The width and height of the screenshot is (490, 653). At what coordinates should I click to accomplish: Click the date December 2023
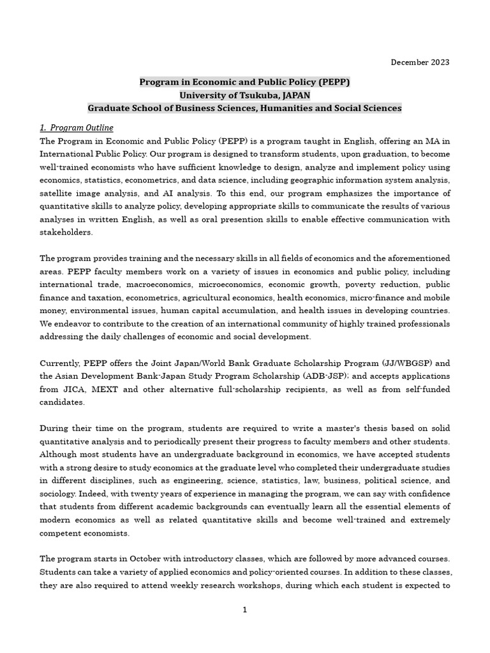pyautogui.click(x=419, y=62)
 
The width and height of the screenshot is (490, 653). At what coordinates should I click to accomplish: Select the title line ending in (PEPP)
pyautogui.click(x=245, y=82)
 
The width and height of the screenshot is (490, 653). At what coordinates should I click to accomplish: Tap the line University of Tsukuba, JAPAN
pyautogui.click(x=245, y=95)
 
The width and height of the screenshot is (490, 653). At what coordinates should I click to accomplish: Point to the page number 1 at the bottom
pyautogui.click(x=244, y=610)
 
